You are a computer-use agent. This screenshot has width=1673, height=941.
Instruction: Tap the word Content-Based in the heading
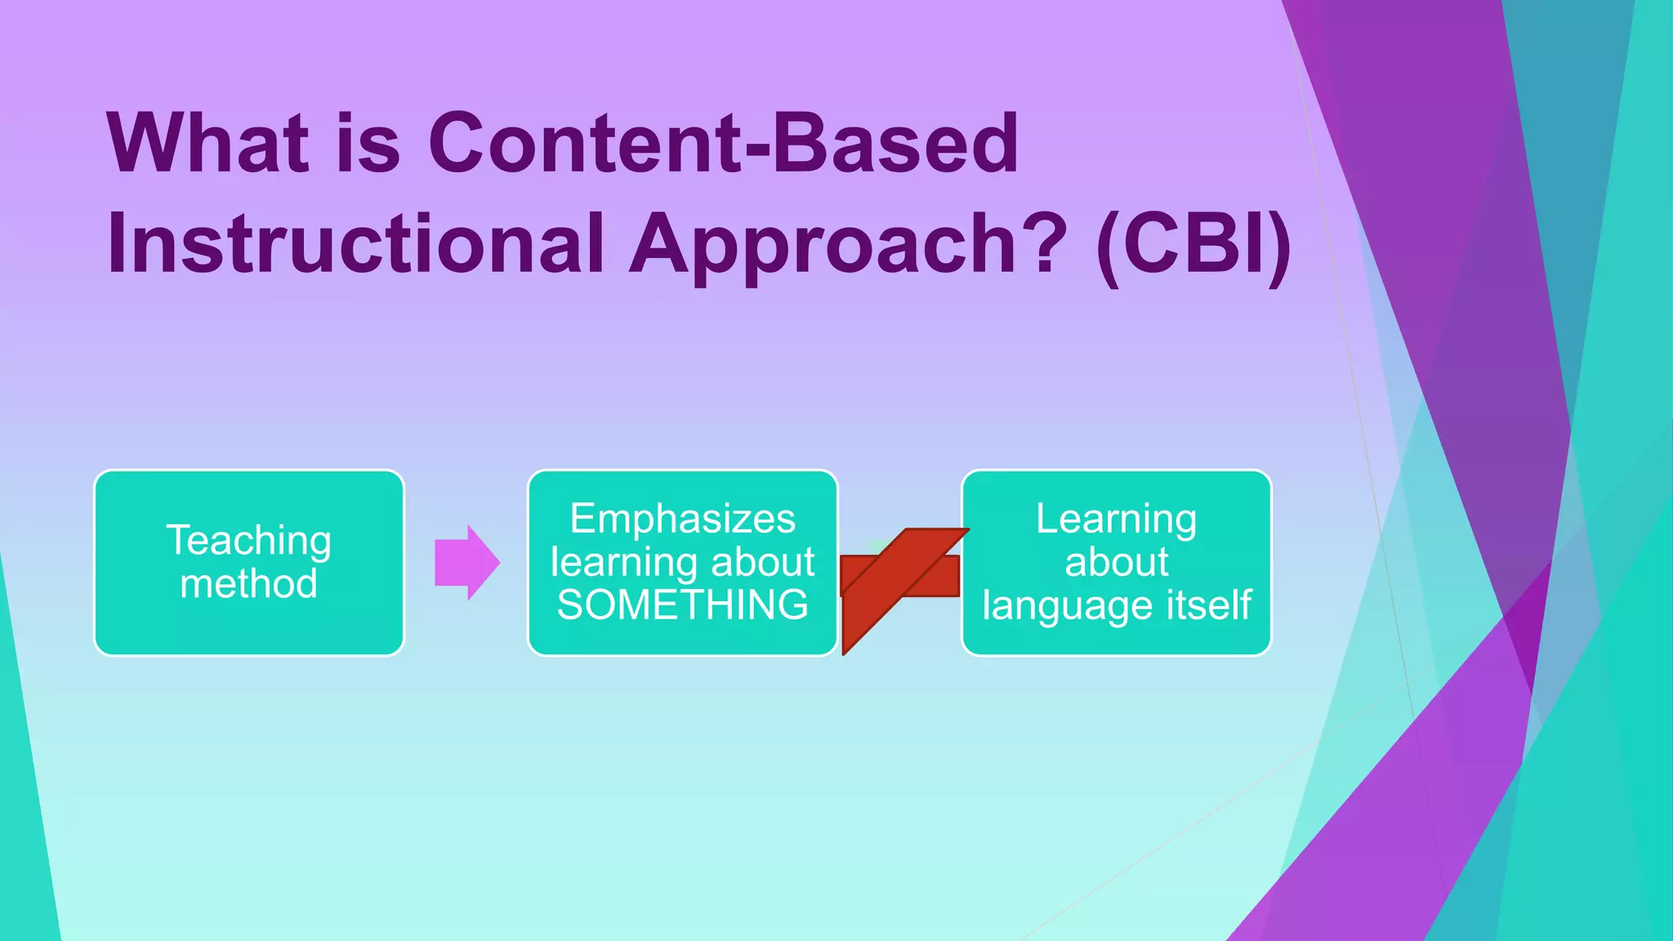(x=723, y=144)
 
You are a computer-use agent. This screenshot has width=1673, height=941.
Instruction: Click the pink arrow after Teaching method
(x=466, y=563)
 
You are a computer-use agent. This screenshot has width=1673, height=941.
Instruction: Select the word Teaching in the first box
(x=249, y=541)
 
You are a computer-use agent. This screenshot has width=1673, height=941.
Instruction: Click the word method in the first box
(x=249, y=584)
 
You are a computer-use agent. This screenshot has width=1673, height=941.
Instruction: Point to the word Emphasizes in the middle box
(x=682, y=519)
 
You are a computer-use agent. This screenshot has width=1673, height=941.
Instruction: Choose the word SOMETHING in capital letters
(x=682, y=605)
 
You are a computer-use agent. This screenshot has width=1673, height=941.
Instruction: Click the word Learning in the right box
(x=1116, y=519)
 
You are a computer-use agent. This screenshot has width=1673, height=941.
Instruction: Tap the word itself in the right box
(x=1212, y=605)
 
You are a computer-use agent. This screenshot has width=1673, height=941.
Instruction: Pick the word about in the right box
(x=1116, y=562)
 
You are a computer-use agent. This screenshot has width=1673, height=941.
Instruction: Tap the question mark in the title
(x=1045, y=242)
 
